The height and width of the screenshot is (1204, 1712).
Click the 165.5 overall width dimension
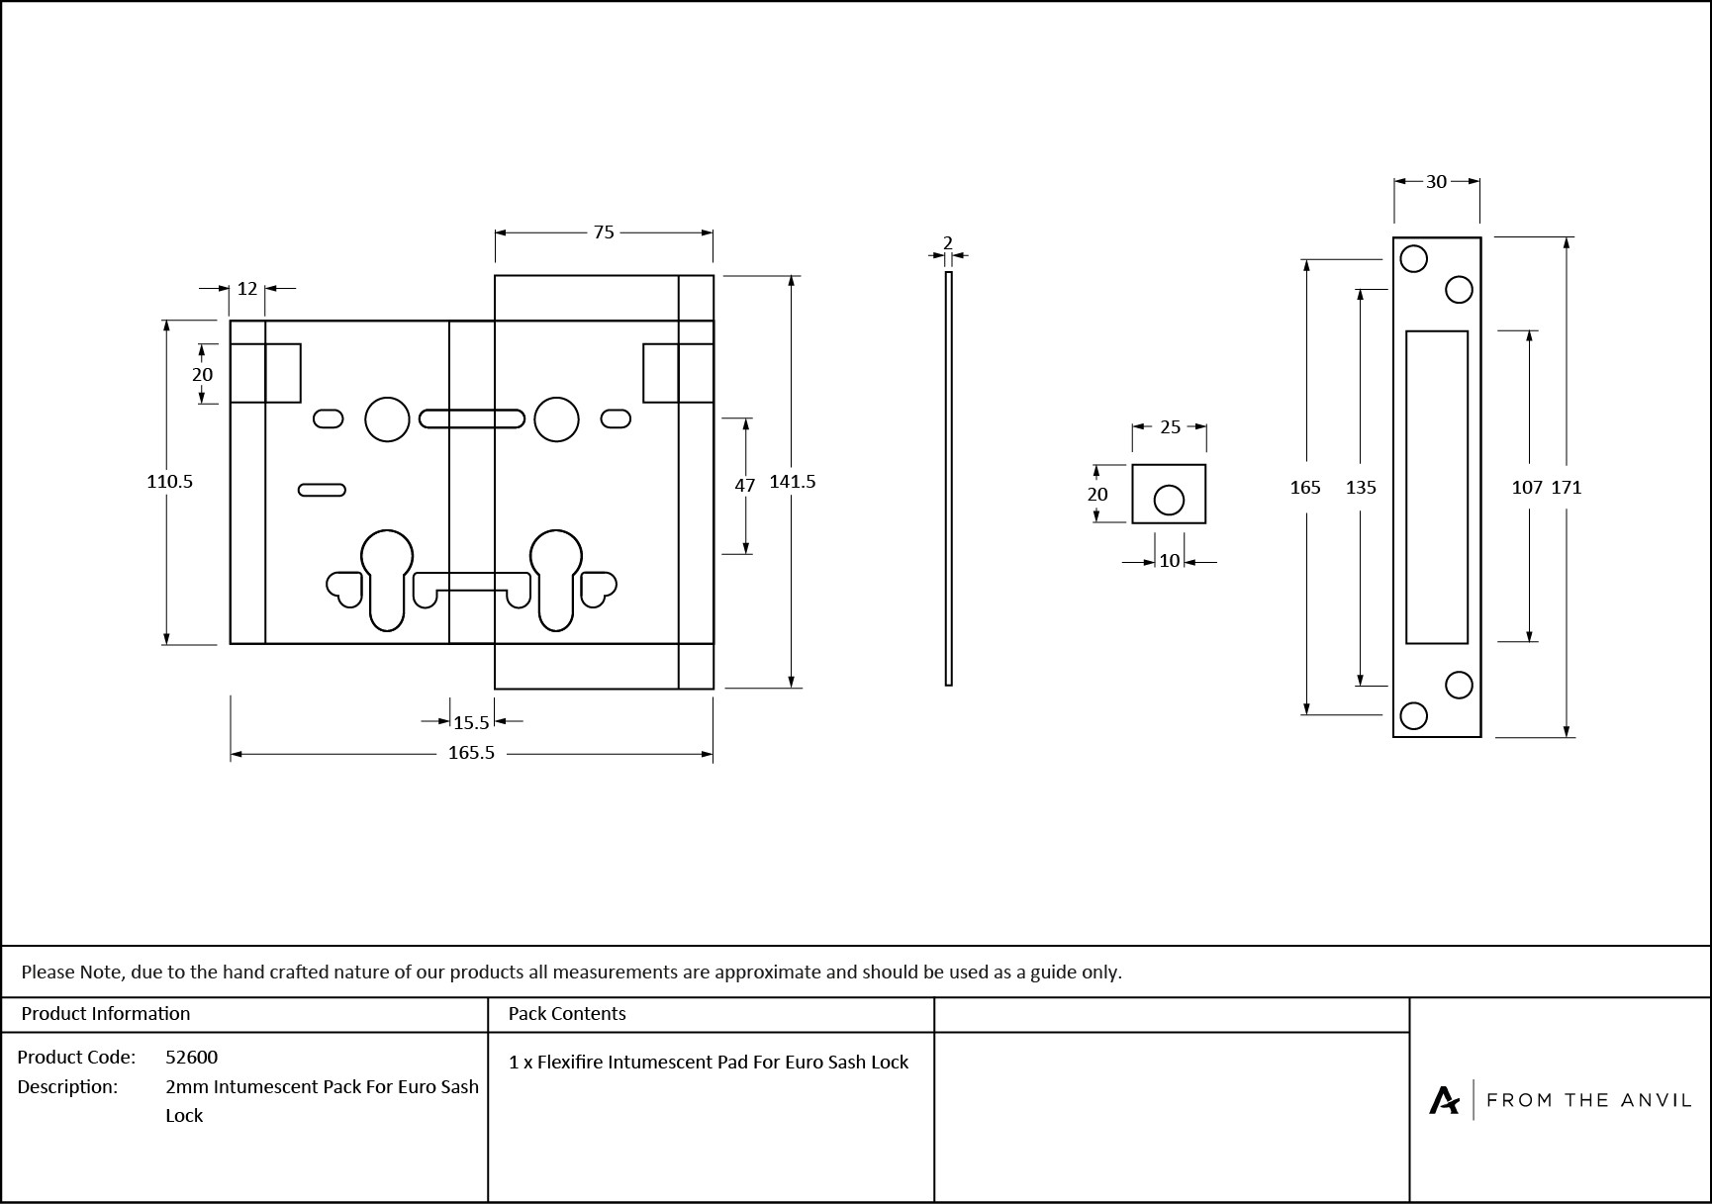click(x=471, y=753)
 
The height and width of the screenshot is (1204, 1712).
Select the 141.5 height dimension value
click(x=793, y=482)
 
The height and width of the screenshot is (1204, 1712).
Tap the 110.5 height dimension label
click(x=169, y=482)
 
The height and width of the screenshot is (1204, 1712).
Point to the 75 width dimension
click(x=604, y=232)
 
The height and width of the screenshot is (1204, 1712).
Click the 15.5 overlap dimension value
click(x=471, y=723)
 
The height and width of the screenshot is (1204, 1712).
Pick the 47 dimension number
click(x=745, y=486)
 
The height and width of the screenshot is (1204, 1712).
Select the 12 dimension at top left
click(x=247, y=289)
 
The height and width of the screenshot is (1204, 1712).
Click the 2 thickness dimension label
click(x=948, y=243)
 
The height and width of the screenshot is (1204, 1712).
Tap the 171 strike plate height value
click(x=1567, y=488)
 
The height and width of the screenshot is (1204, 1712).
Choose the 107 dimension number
click(x=1527, y=488)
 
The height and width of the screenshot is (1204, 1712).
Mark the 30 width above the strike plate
click(x=1436, y=182)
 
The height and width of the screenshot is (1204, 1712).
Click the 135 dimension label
click(x=1361, y=488)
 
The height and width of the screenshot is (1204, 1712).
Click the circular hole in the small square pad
click(x=1169, y=501)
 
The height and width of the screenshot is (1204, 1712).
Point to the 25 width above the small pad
click(x=1170, y=427)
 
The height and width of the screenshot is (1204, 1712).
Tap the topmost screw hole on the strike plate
click(x=1414, y=259)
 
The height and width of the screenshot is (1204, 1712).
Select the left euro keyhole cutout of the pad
click(x=387, y=579)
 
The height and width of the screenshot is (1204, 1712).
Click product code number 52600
click(x=192, y=1057)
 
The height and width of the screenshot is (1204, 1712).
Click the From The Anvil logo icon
click(x=1444, y=1100)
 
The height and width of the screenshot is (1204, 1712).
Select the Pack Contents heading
click(x=567, y=1014)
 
